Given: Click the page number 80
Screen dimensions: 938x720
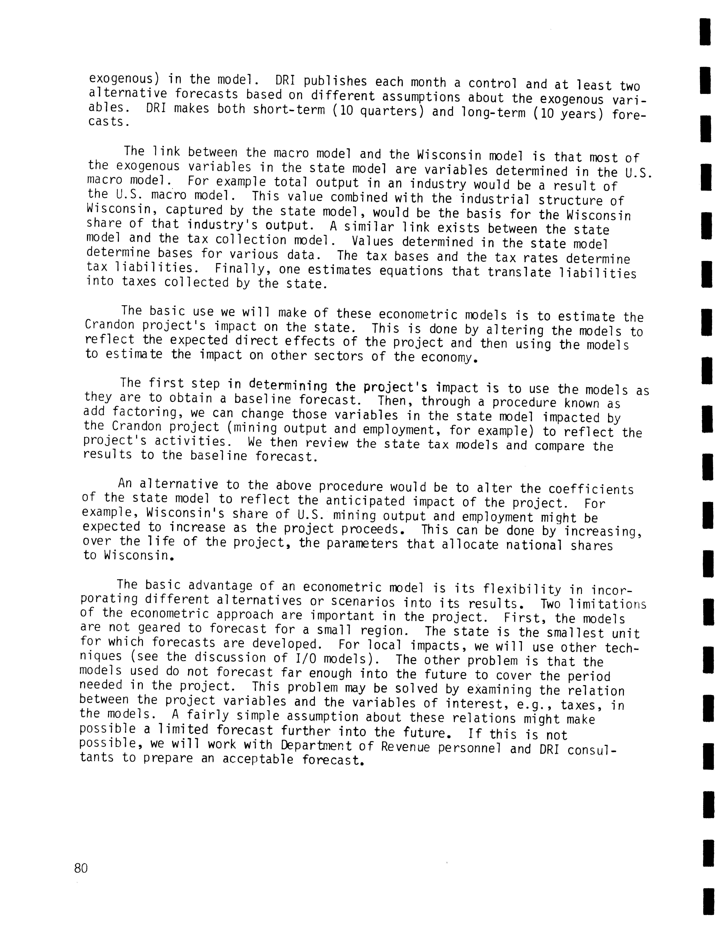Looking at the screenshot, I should (x=81, y=868).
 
